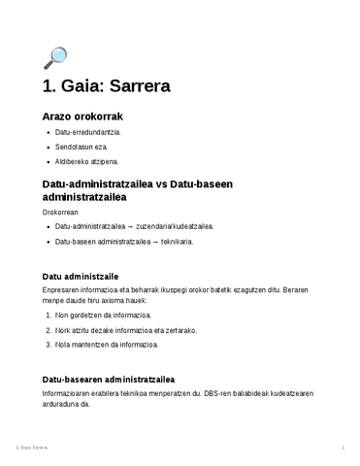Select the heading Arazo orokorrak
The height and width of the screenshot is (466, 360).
[81, 116]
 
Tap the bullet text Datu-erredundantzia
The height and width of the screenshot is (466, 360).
[88, 132]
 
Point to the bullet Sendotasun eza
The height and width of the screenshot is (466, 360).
[82, 147]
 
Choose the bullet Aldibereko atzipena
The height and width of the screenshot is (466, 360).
[87, 161]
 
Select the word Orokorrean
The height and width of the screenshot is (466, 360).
[60, 211]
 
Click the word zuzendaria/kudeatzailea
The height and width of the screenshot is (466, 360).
[178, 225]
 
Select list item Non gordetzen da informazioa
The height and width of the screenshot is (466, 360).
[103, 316]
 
